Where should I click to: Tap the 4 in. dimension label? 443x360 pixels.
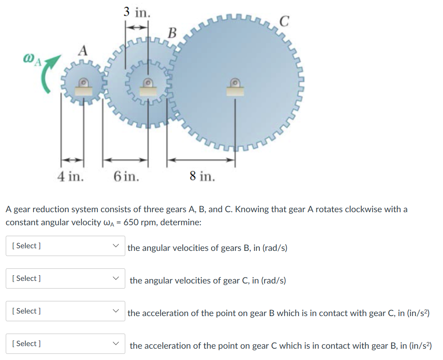71,176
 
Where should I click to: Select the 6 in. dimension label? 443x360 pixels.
126,176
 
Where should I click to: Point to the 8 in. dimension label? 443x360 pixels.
202,176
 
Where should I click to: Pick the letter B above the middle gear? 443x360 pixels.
173,32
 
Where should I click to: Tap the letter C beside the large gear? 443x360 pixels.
284,21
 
